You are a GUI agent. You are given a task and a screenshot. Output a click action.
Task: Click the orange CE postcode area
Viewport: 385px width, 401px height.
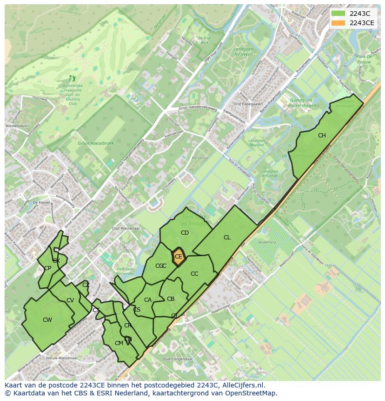pyautogui.click(x=178, y=257)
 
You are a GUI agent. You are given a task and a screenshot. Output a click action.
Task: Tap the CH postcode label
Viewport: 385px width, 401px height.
pyautogui.click(x=322, y=136)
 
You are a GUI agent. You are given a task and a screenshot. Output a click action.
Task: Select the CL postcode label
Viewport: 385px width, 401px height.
pyautogui.click(x=227, y=238)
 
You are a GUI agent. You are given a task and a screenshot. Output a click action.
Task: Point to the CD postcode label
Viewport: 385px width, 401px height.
pyautogui.click(x=185, y=233)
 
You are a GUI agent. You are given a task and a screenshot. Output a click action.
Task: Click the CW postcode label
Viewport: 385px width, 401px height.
pyautogui.click(x=47, y=319)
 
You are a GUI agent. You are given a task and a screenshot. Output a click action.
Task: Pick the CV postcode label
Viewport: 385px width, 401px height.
pyautogui.click(x=70, y=300)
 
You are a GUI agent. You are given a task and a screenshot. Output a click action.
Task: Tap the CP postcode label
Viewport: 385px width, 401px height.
pyautogui.click(x=47, y=268)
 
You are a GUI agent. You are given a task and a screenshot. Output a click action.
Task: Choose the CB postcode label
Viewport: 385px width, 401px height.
pyautogui.click(x=171, y=299)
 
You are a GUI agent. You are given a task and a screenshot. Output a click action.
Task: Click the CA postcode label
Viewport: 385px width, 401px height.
pyautogui.click(x=148, y=300)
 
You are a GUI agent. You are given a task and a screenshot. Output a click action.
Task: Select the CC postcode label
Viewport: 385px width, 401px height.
pyautogui.click(x=194, y=274)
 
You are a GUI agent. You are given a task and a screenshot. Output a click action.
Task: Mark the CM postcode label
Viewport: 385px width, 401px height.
pyautogui.click(x=119, y=343)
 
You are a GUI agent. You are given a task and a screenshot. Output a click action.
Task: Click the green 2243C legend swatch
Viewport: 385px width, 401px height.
pyautogui.click(x=338, y=14)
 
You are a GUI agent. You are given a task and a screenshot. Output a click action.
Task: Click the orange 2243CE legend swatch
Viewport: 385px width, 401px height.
pyautogui.click(x=338, y=23)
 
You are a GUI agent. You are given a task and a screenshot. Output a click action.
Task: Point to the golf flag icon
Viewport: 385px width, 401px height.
pyautogui.click(x=72, y=79)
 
